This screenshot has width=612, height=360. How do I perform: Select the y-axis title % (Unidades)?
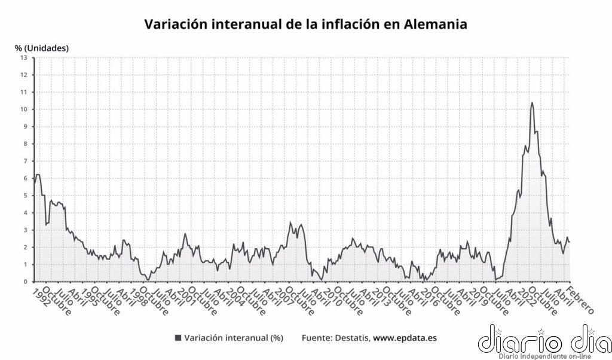[42, 47]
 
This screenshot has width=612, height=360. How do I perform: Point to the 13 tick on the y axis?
[24, 57]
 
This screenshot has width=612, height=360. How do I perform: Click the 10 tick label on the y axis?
[24, 109]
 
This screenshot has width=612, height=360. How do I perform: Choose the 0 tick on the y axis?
[25, 282]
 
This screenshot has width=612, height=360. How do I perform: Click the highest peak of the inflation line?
[532, 103]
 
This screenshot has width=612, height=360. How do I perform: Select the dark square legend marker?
[178, 338]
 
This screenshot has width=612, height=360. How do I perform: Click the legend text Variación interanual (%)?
[234, 338]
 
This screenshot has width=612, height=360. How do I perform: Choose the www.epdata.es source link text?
[405, 338]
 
